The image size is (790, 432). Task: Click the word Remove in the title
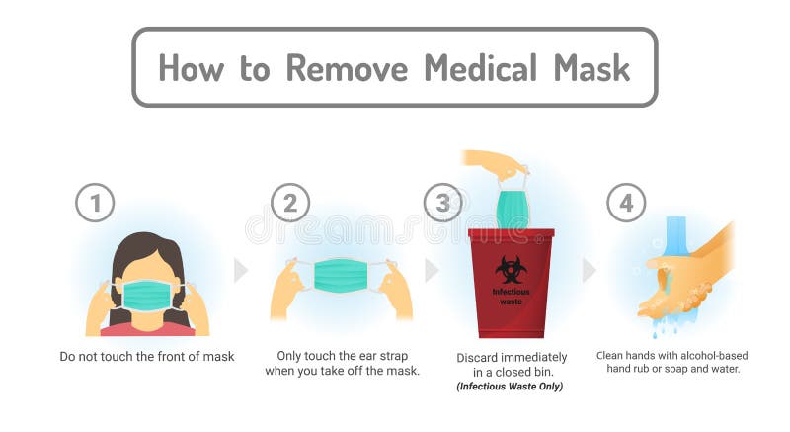(x=347, y=67)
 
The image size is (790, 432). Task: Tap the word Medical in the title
(x=480, y=67)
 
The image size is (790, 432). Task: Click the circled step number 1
(x=95, y=203)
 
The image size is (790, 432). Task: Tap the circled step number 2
(x=289, y=203)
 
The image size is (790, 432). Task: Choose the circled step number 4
(x=625, y=203)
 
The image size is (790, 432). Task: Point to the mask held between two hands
(x=341, y=275)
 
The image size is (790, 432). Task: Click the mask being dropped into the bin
(x=512, y=208)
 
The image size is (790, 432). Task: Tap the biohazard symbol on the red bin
(x=510, y=268)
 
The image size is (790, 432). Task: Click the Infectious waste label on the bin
(x=511, y=296)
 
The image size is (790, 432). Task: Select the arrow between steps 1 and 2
(x=240, y=270)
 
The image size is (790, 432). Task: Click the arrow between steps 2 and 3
(x=432, y=270)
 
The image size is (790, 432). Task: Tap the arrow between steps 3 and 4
(x=589, y=270)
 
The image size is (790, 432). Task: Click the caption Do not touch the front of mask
(x=146, y=356)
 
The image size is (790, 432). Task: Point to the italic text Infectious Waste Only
(x=511, y=386)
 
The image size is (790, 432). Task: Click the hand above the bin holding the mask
(x=495, y=162)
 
